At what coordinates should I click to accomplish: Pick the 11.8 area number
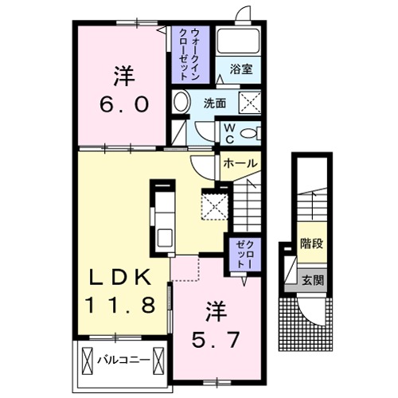(x=127, y=303)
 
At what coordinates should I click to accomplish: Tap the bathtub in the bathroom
(x=238, y=43)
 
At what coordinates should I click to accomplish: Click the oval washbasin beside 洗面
(x=181, y=103)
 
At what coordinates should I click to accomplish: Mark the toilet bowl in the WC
(x=248, y=133)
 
